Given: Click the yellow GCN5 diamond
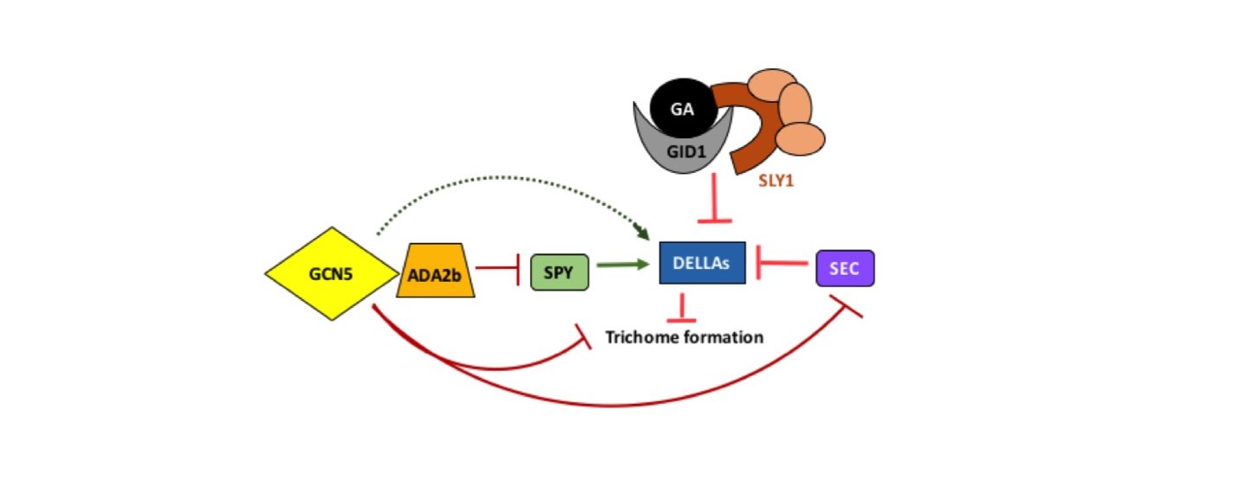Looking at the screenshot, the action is (332, 273).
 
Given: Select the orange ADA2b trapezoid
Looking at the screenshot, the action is (436, 271).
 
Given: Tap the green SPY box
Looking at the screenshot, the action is (559, 272).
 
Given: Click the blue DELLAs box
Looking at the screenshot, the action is (702, 263).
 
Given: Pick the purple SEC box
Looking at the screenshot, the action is (845, 268).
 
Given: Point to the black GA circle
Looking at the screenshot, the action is (684, 108).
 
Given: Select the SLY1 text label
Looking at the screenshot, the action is (775, 181).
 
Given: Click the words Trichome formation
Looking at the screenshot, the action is (684, 337).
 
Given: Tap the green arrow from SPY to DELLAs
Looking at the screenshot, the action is (622, 265).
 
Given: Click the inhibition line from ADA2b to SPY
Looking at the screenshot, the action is (498, 268).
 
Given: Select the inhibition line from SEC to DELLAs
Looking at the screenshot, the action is (781, 262).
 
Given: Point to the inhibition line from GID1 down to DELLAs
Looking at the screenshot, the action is (714, 198).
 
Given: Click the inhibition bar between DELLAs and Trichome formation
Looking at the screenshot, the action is (681, 308).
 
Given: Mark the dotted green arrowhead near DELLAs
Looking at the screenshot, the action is (641, 231).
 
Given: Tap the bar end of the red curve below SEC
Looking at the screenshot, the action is (846, 306).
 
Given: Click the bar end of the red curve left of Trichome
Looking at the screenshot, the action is (584, 336).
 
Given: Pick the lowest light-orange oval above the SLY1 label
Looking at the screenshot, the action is (800, 139).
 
